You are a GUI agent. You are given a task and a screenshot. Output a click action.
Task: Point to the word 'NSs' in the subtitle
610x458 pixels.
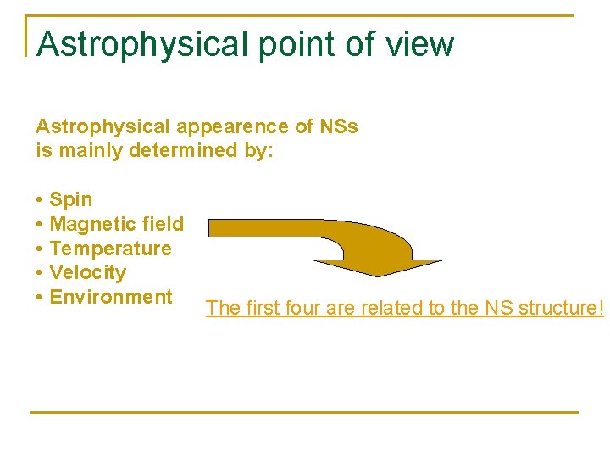point(339,127)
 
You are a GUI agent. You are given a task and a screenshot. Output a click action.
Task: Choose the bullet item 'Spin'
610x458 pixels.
point(71,200)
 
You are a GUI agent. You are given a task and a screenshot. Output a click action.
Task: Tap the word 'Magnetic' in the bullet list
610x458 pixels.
point(88,224)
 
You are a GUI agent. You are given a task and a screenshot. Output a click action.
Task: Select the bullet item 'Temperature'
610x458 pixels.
point(110,249)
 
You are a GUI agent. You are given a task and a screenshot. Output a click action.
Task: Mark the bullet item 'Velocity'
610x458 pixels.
point(87,273)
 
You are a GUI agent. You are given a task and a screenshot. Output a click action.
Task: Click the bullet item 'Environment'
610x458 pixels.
point(111,297)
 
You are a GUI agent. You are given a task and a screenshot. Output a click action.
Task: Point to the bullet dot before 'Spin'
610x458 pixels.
point(40,200)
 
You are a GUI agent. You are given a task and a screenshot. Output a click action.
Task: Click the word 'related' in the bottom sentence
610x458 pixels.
point(391,308)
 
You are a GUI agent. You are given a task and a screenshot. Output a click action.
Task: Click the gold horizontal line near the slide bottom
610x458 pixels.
point(305,412)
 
